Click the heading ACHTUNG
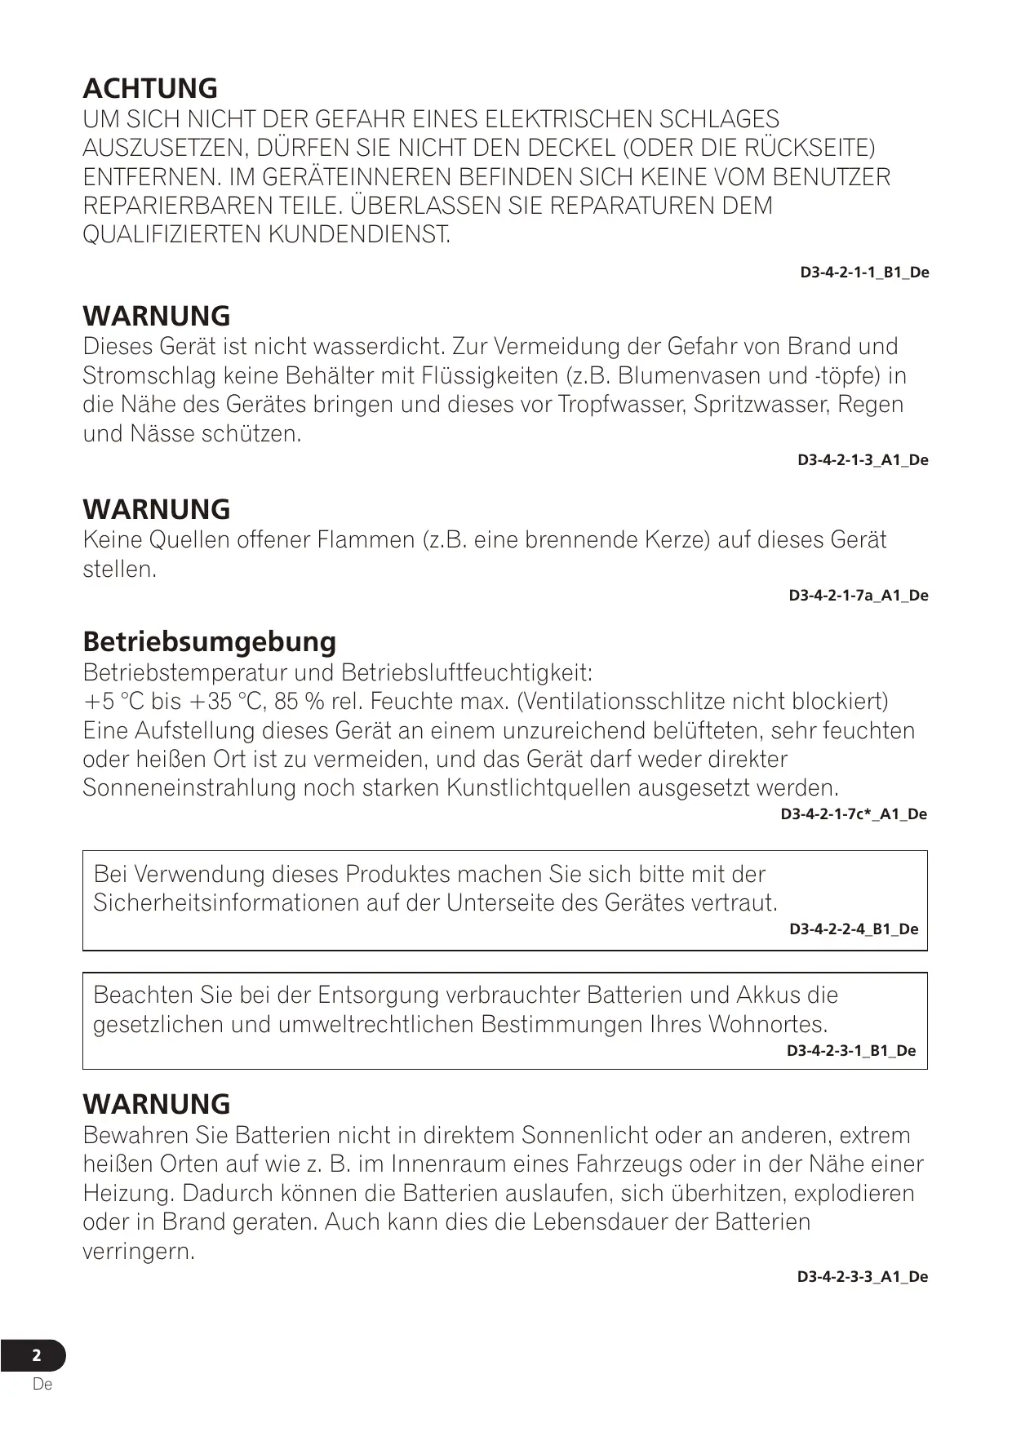pos(150,88)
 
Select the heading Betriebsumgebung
pos(209,641)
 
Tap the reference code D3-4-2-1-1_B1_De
pos(864,273)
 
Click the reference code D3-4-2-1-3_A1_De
pos(863,460)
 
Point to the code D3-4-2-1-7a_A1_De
pos(859,596)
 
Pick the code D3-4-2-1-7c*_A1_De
pos(854,814)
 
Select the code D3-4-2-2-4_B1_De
pos(854,929)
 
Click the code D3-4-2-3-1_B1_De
pos(851,1051)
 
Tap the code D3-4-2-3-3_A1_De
pos(863,1277)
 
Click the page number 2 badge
pos(36,1356)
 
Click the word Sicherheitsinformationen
pos(242,903)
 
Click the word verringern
pos(138,1252)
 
